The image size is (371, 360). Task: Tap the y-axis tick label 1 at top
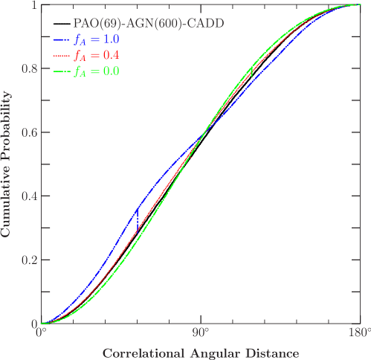pyautogui.click(x=33, y=6)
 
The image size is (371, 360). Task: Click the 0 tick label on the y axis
pyautogui.click(x=33, y=324)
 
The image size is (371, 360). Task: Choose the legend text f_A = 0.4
pyautogui.click(x=97, y=55)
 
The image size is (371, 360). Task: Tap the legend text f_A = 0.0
pyautogui.click(x=97, y=71)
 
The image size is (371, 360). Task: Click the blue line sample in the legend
pyautogui.click(x=62, y=39)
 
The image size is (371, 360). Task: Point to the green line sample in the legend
pyautogui.click(x=62, y=71)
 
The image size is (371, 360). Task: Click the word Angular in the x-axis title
pyautogui.click(x=216, y=353)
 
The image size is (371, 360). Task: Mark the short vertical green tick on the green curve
pyautogui.click(x=252, y=71)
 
